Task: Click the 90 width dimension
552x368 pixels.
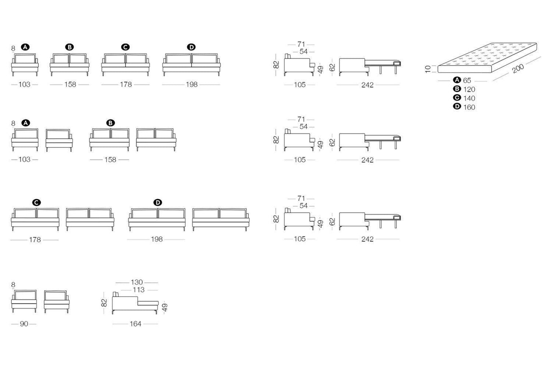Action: [x=24, y=324]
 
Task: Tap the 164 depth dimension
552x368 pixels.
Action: [x=135, y=324]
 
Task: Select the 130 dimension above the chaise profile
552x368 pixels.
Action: [x=137, y=282]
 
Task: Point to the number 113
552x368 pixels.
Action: [x=138, y=290]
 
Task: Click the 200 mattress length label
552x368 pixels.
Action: [x=518, y=68]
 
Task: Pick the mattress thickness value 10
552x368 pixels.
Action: [x=428, y=69]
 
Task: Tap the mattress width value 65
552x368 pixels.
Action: [x=467, y=80]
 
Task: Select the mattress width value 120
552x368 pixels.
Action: [x=469, y=89]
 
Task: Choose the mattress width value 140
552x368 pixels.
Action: [x=469, y=98]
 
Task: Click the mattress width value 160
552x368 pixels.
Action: [x=469, y=107]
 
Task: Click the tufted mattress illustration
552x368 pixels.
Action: [x=487, y=58]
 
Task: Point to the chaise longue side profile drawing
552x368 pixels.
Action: [x=135, y=303]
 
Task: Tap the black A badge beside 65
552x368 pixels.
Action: [x=457, y=80]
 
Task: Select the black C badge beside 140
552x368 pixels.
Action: [x=457, y=97]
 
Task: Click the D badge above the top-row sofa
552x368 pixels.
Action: [x=191, y=47]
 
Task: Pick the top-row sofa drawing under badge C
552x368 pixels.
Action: [x=125, y=65]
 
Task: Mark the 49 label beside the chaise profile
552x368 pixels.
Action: [x=165, y=307]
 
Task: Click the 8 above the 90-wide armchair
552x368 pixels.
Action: [x=13, y=285]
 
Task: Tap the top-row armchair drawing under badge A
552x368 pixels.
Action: [x=25, y=65]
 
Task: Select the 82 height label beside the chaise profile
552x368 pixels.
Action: [x=104, y=303]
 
